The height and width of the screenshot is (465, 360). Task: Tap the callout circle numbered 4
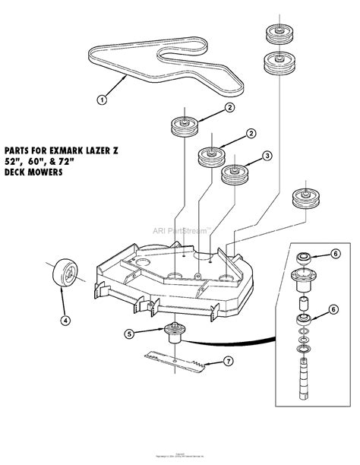(x=65, y=320)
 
